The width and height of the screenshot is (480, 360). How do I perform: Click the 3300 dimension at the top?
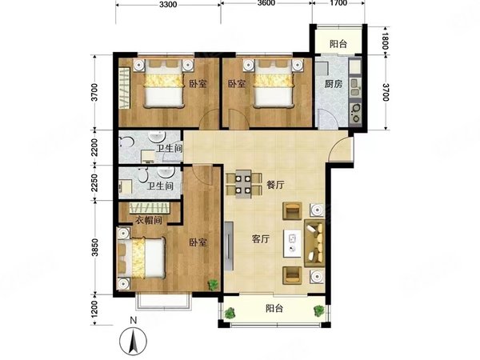tap(168, 6)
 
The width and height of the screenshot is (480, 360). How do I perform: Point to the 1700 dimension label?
tap(338, 6)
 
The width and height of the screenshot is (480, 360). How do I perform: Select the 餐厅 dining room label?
tap(276, 184)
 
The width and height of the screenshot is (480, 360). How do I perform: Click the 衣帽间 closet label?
tap(147, 218)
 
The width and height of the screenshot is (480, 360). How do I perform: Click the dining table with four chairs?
tap(242, 185)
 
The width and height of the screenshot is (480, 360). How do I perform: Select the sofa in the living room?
tap(314, 242)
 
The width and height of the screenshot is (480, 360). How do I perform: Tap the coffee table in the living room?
tap(294, 244)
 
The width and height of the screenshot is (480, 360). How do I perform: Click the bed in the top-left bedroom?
tap(166, 85)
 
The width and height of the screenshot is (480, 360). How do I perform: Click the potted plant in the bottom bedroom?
tap(213, 283)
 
